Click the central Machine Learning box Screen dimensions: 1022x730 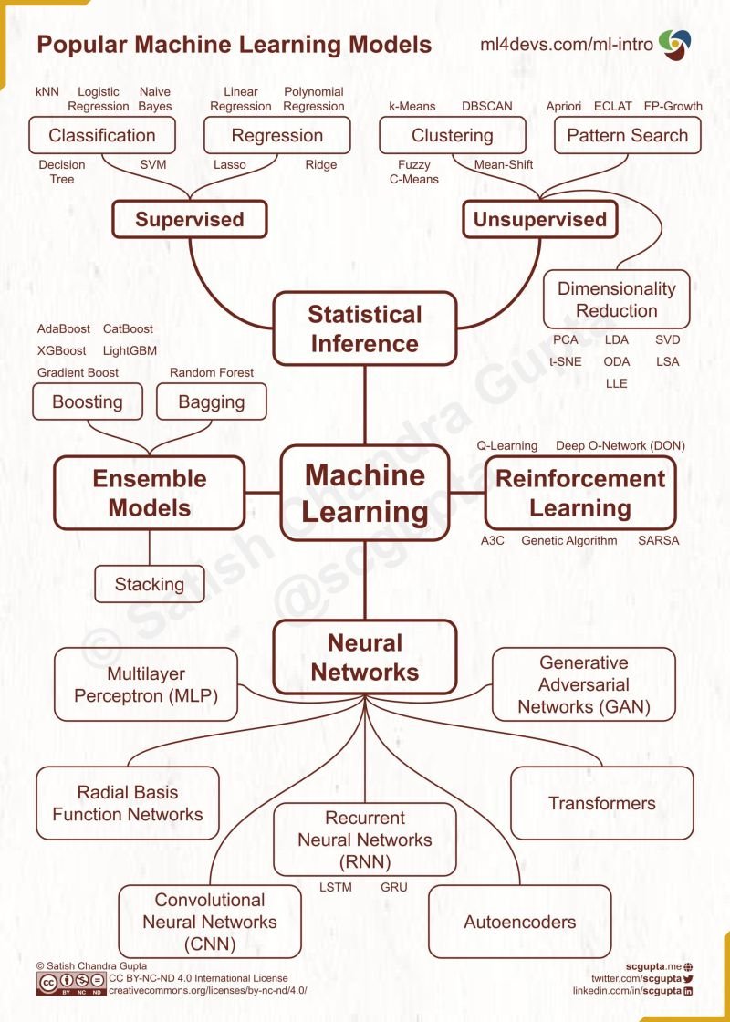(x=364, y=492)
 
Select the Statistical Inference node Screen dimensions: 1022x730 (x=364, y=328)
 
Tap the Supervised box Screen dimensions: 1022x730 (x=190, y=219)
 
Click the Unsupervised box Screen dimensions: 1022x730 (x=539, y=219)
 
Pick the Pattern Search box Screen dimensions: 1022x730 (x=627, y=136)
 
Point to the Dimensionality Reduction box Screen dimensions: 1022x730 (x=616, y=299)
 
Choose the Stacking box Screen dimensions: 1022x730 (x=150, y=585)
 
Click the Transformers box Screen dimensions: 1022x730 (x=601, y=803)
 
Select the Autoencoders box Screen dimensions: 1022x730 (x=519, y=922)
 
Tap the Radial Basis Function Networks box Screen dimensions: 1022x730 (x=128, y=803)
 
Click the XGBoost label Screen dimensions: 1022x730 (x=62, y=350)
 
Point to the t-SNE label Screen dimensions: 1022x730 (x=566, y=361)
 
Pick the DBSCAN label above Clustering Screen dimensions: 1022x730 (x=486, y=106)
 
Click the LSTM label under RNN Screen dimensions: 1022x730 (x=335, y=887)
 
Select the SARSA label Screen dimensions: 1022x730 (x=658, y=540)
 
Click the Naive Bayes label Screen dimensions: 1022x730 (x=155, y=99)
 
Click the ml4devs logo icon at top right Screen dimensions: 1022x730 (x=674, y=43)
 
